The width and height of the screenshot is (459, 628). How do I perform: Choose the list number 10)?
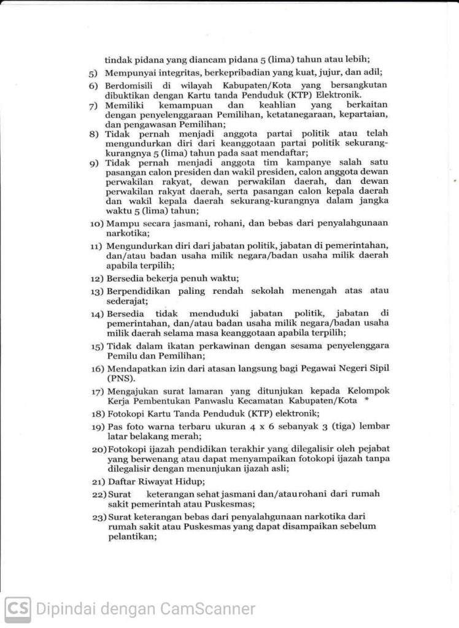pos(96,223)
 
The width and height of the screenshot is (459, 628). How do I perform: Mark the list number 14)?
pos(96,314)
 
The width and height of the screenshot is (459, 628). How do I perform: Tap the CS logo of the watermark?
pos(17,609)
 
